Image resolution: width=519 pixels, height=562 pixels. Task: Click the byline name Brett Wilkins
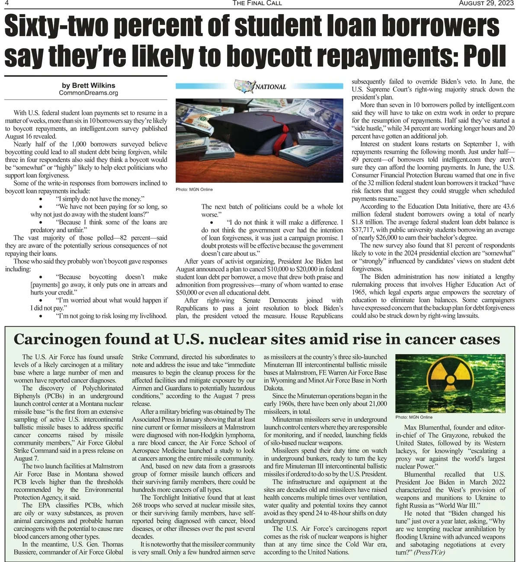coord(88,85)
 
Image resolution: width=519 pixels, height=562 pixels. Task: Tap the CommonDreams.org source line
coord(88,93)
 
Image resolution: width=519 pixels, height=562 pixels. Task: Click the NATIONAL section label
coord(271,87)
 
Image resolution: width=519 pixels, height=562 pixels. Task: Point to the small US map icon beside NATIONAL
coord(244,86)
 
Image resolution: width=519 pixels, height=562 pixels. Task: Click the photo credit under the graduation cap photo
coord(194,190)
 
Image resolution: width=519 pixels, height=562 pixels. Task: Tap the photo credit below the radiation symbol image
coord(414,417)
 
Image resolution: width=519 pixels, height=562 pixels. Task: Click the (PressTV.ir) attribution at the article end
coord(429,552)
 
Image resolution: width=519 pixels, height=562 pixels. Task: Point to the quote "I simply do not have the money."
coord(100,199)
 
